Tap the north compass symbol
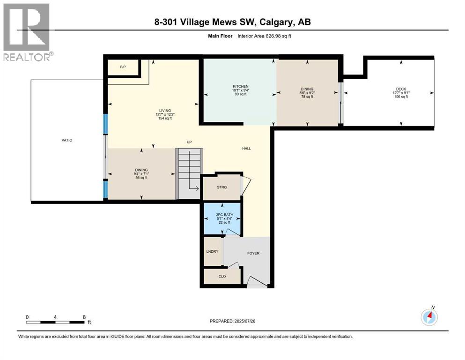click(429, 317)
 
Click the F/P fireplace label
click(123, 67)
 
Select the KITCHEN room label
click(240, 87)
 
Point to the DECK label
click(400, 89)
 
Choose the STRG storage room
click(221, 187)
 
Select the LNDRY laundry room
click(212, 252)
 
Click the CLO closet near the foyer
click(222, 276)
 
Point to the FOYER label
click(253, 253)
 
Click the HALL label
click(246, 149)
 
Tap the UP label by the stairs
click(189, 142)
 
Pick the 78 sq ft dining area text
click(307, 97)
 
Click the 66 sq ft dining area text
click(141, 178)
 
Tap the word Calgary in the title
click(265, 22)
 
